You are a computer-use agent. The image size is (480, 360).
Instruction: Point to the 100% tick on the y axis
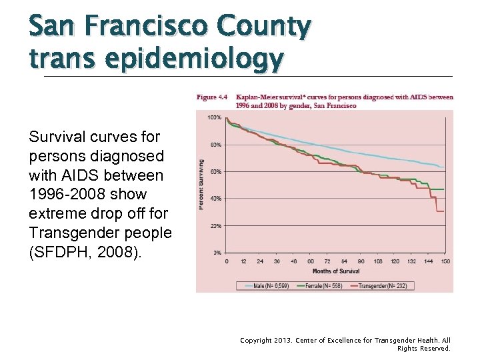pos(215,118)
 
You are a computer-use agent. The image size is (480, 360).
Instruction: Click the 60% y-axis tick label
pos(216,172)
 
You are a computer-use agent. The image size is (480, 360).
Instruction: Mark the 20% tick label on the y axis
pos(216,226)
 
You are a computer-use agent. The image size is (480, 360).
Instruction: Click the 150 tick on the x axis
pos(444,261)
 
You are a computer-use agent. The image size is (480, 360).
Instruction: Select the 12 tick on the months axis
pos(243,261)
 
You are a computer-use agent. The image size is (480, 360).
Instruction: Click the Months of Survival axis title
pos(335,271)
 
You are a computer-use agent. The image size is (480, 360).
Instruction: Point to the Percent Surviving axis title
pos(201,185)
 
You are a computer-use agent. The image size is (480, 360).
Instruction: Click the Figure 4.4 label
pos(212,97)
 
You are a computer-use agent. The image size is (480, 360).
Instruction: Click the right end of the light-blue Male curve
pos(443,167)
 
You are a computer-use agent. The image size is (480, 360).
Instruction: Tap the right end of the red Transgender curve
pos(443,211)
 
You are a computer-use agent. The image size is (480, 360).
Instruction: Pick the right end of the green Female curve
pos(443,190)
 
